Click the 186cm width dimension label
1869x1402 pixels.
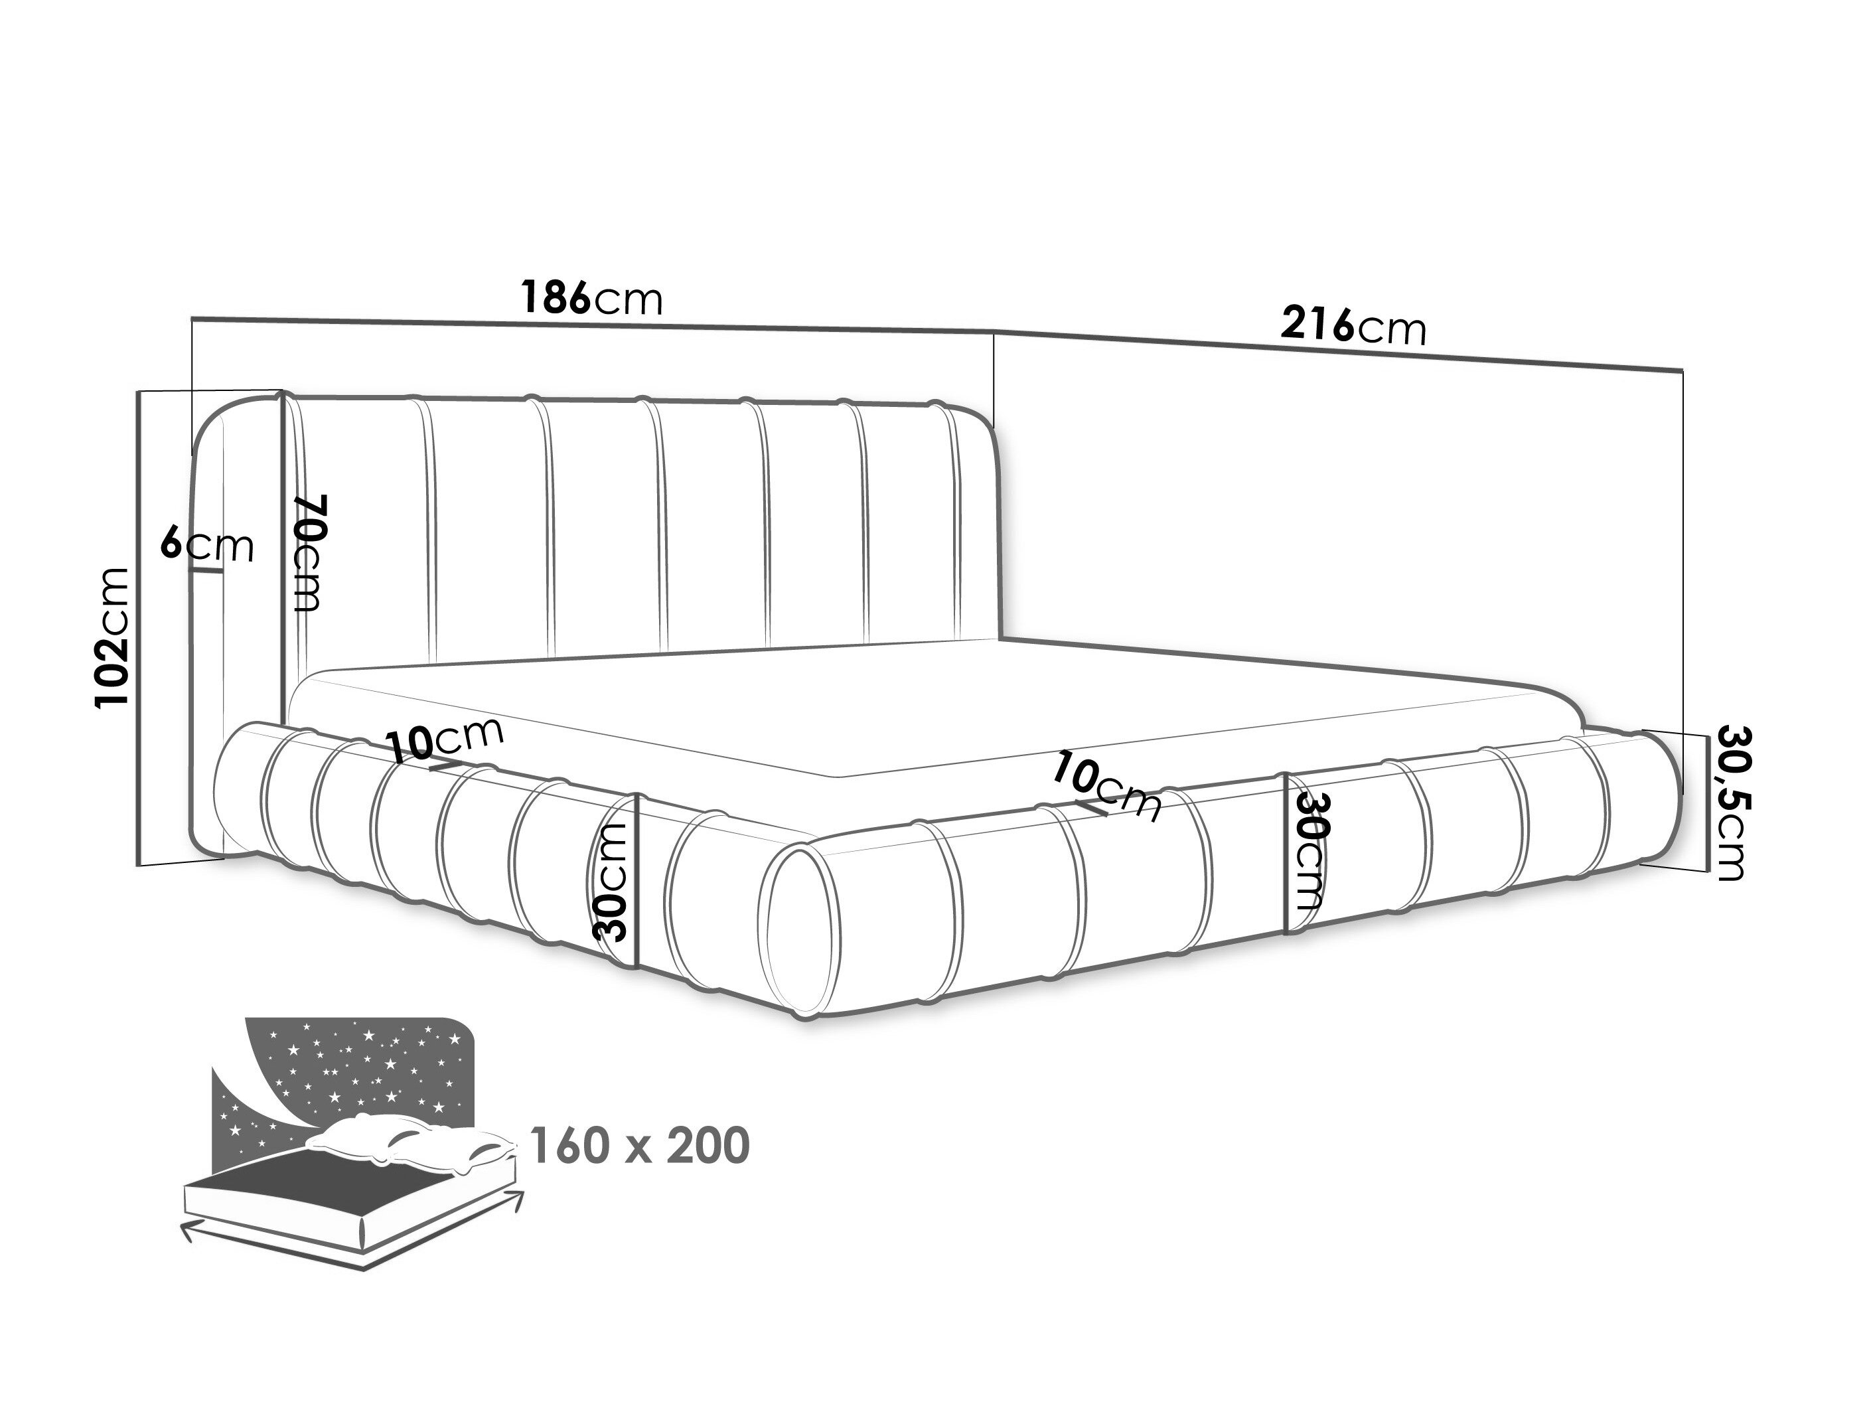591,297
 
